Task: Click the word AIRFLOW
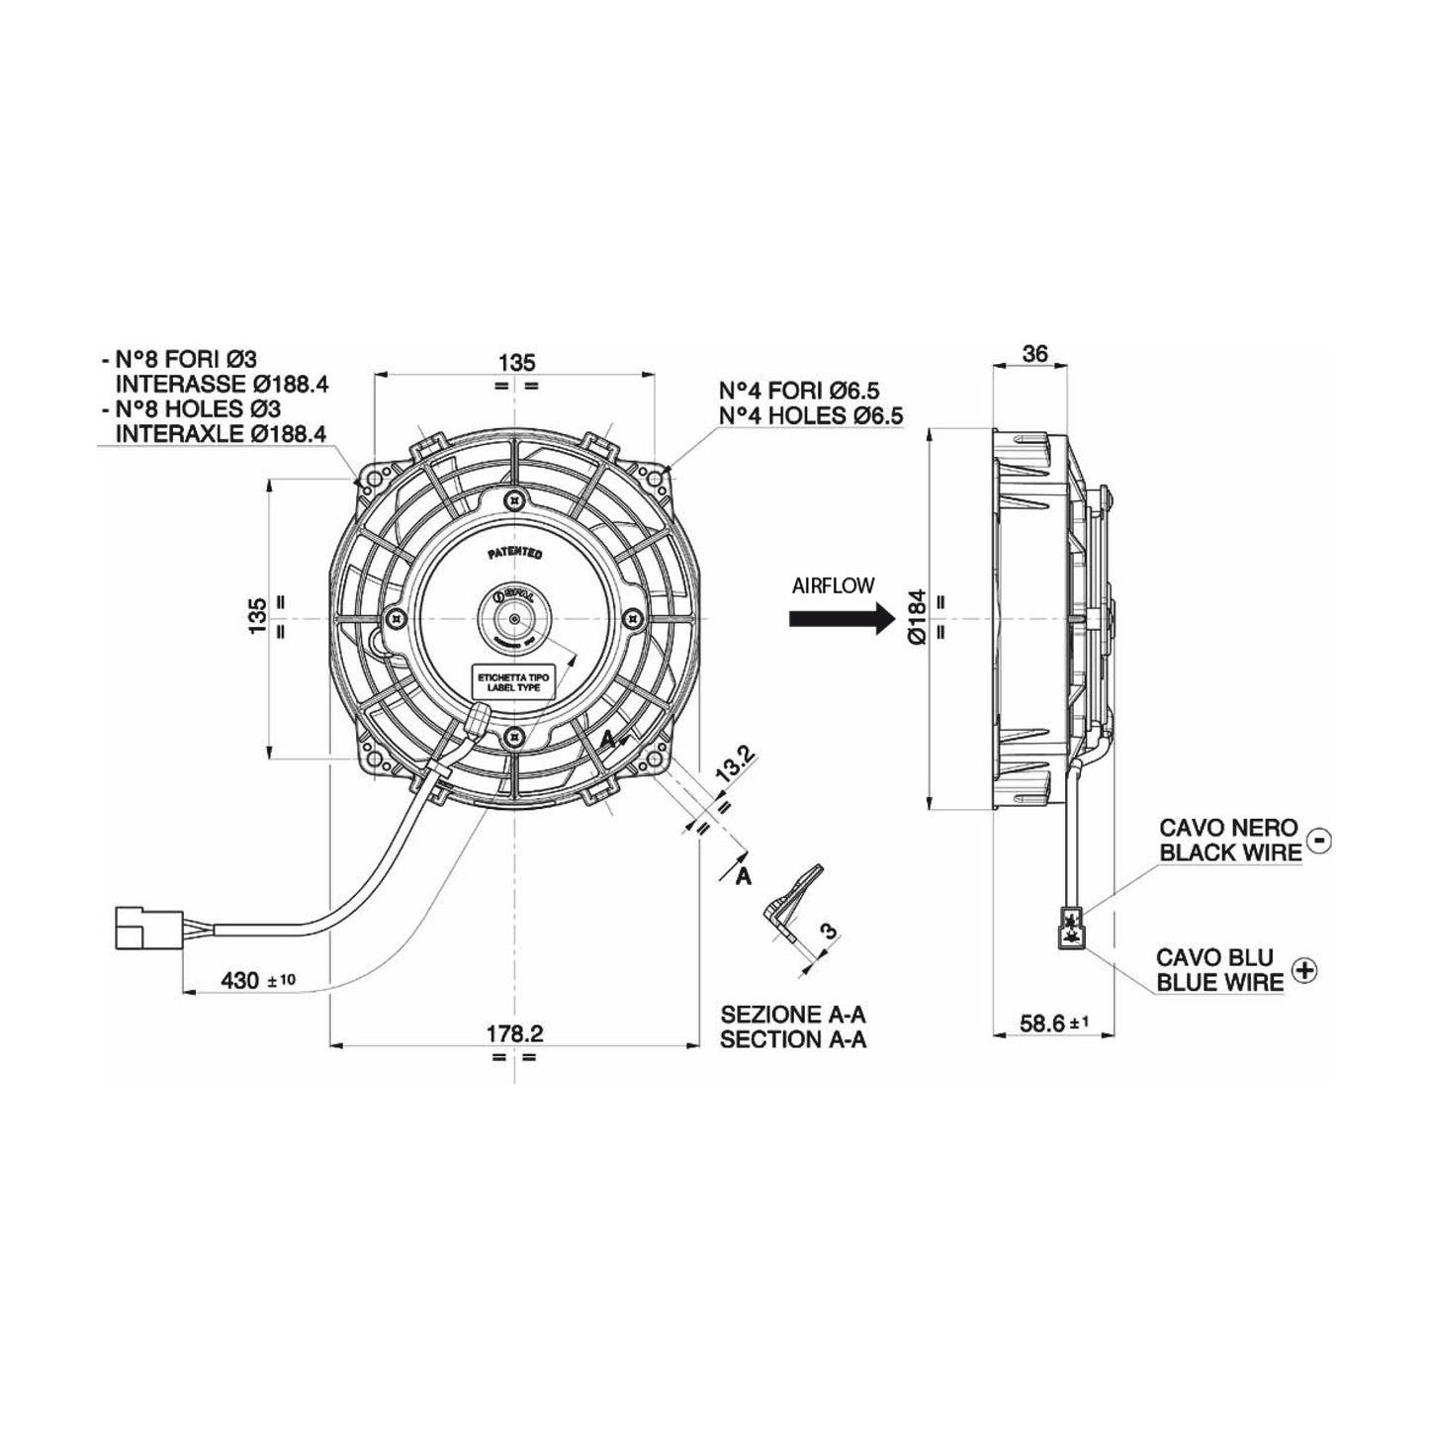pyautogui.click(x=833, y=586)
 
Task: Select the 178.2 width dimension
pyautogui.click(x=514, y=1033)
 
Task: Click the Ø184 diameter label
pyautogui.click(x=915, y=617)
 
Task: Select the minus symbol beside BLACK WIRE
pyautogui.click(x=1318, y=840)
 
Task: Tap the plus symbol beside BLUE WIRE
pyautogui.click(x=1305, y=970)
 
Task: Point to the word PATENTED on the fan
pyautogui.click(x=514, y=554)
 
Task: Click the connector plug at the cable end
pyautogui.click(x=148, y=925)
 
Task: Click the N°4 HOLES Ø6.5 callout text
pyautogui.click(x=811, y=416)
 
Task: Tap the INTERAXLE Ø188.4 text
pyautogui.click(x=223, y=432)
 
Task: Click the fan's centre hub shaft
pyautogui.click(x=514, y=618)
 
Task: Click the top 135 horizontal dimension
pyautogui.click(x=515, y=362)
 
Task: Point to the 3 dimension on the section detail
pyautogui.click(x=829, y=931)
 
